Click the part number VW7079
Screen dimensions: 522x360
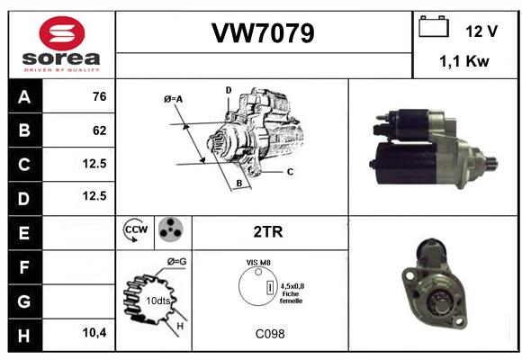tap(263, 33)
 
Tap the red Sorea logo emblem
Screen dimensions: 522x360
tap(62, 33)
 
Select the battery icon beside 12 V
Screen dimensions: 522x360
tap(434, 27)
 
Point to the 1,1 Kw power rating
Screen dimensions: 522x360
tap(464, 61)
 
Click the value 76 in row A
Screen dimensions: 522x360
tap(100, 96)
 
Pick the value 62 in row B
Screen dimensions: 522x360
tap(100, 130)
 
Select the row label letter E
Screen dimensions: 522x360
tap(24, 233)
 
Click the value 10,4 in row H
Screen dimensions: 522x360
tap(94, 332)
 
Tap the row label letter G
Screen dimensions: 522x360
tap(24, 301)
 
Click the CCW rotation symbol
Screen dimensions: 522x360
tap(135, 229)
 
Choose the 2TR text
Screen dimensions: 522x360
tap(268, 232)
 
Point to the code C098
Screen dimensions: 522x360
tap(270, 334)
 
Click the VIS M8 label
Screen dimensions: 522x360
tap(258, 263)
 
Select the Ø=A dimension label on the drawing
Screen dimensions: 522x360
tap(173, 99)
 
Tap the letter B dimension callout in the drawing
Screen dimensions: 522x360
tap(239, 184)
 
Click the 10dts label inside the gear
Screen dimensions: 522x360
tap(158, 301)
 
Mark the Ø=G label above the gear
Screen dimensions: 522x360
tap(176, 262)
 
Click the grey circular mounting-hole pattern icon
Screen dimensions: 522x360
tap(170, 229)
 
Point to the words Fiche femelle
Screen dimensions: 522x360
tap(291, 297)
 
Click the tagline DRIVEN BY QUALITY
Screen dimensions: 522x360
tap(62, 70)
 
